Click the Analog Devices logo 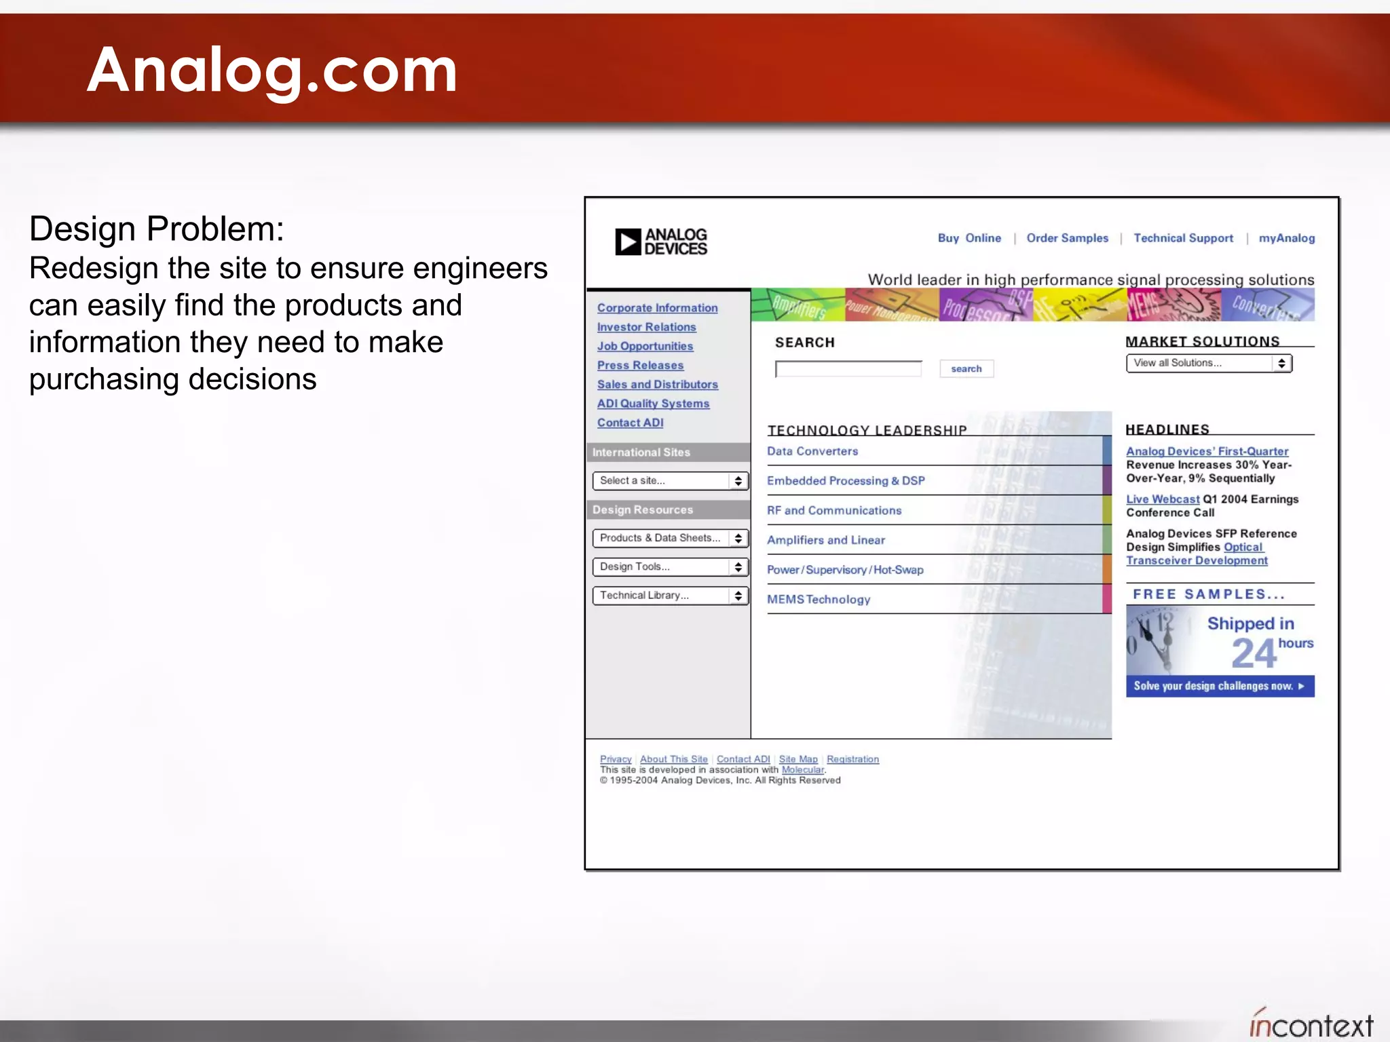pos(660,242)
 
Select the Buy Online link pos(969,238)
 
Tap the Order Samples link pos(1067,238)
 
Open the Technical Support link pos(1183,238)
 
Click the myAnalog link pos(1286,238)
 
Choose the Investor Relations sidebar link pos(646,327)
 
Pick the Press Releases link pos(640,365)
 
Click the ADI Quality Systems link pos(653,404)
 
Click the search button pos(966,369)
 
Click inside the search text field pos(848,369)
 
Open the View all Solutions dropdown pos(1209,364)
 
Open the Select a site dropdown pos(670,481)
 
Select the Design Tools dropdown pos(670,567)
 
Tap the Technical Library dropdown pos(670,596)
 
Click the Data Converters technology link pos(812,451)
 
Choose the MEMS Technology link pos(819,600)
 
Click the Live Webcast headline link pos(1162,499)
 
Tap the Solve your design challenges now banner pos(1220,686)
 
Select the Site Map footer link pos(798,759)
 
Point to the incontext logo pos(1311,1024)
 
